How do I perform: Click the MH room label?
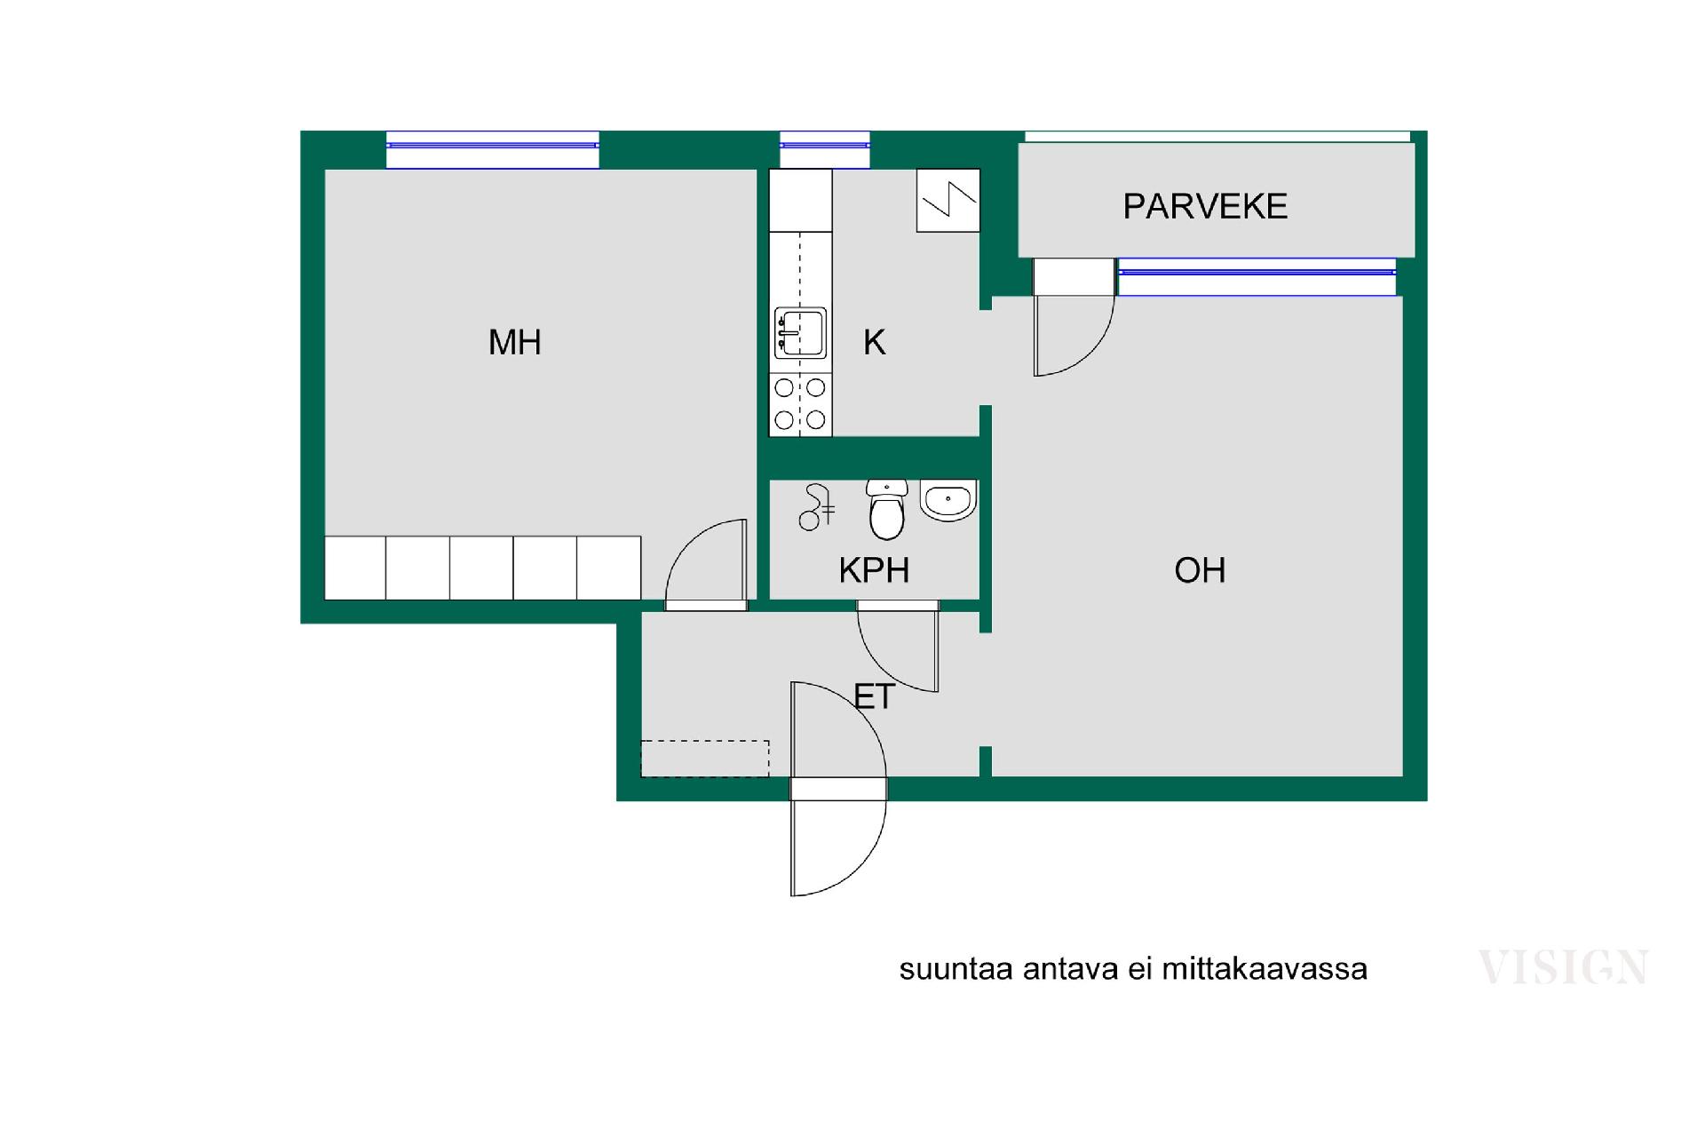515,342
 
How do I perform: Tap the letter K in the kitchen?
875,342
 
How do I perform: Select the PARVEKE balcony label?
1205,206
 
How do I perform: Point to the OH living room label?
1200,570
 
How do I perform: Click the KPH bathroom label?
874,570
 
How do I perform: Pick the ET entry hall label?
875,696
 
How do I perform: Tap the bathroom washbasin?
948,500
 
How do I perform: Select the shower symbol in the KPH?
816,507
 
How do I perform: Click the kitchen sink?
800,333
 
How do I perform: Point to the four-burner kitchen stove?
800,404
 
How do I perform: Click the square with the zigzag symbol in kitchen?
948,201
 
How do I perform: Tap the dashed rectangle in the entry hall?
705,759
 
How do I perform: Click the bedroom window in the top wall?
493,149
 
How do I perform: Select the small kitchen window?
825,149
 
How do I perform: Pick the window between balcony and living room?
1257,276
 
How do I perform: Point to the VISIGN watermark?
1563,967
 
